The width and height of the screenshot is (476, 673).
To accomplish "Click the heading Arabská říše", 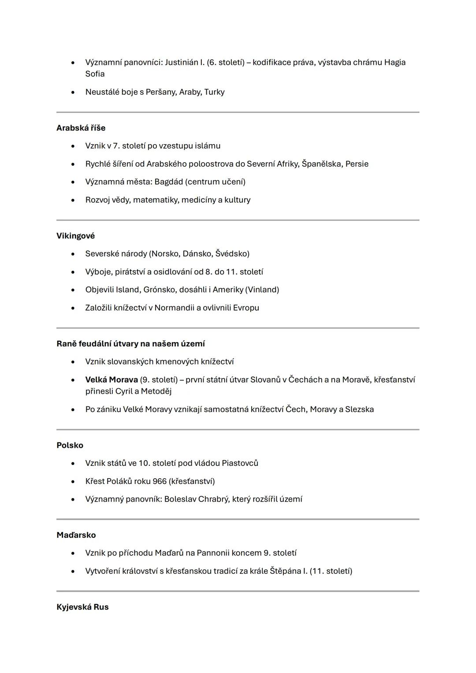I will pyautogui.click(x=81, y=128).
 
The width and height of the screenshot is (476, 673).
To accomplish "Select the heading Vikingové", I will pyautogui.click(x=75, y=236).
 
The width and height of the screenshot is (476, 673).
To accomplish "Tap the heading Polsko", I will pyautogui.click(x=70, y=445).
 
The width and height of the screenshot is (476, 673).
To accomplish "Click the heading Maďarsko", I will pyautogui.click(x=76, y=535).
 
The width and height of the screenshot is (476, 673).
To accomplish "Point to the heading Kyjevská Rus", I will pyautogui.click(x=82, y=607).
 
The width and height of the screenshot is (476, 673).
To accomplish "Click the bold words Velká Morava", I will pyautogui.click(x=112, y=379).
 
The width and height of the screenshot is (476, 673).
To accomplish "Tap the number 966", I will pyautogui.click(x=160, y=481).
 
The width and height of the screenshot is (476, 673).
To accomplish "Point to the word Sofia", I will pyautogui.click(x=95, y=74).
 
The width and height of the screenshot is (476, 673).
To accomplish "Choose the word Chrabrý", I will pyautogui.click(x=213, y=499).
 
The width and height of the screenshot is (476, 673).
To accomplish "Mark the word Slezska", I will pyautogui.click(x=359, y=409).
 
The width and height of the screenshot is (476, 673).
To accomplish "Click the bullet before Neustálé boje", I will pyautogui.click(x=73, y=92).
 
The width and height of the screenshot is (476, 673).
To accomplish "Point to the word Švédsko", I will pyautogui.click(x=232, y=254).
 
